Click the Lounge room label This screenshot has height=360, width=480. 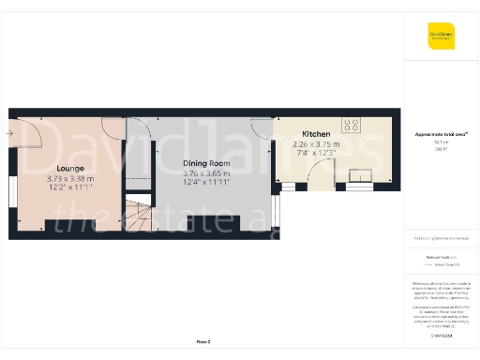click(x=70, y=169)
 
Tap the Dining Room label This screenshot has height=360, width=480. click(x=205, y=162)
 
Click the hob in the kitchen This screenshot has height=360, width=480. click(x=352, y=125)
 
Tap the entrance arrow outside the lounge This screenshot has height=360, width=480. click(x=8, y=133)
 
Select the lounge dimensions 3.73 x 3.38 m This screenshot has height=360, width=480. click(x=70, y=178)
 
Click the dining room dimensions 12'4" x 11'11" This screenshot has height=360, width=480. click(x=205, y=181)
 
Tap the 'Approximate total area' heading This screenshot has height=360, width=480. click(x=441, y=135)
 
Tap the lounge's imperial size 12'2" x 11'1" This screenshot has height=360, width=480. click(x=70, y=187)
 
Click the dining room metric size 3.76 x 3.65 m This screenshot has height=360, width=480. click(x=205, y=172)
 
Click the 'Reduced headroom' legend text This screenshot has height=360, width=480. click(x=441, y=256)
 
